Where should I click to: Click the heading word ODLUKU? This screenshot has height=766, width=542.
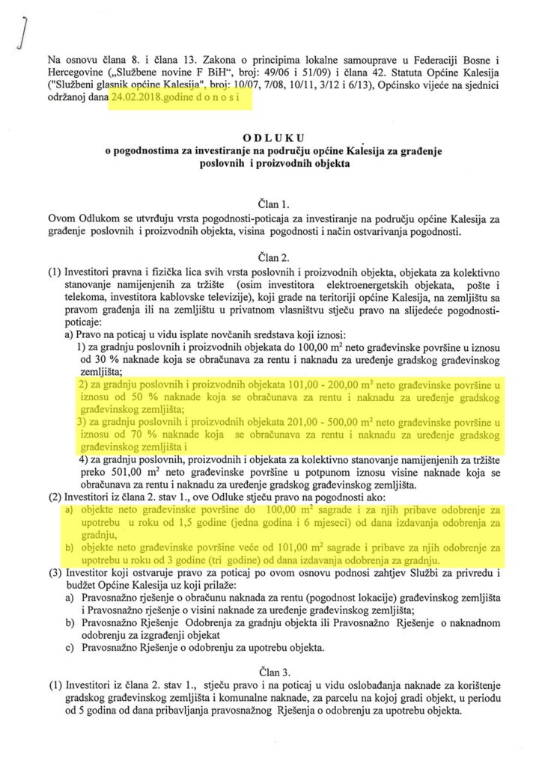[270, 138]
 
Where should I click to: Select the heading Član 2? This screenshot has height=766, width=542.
[270, 256]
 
